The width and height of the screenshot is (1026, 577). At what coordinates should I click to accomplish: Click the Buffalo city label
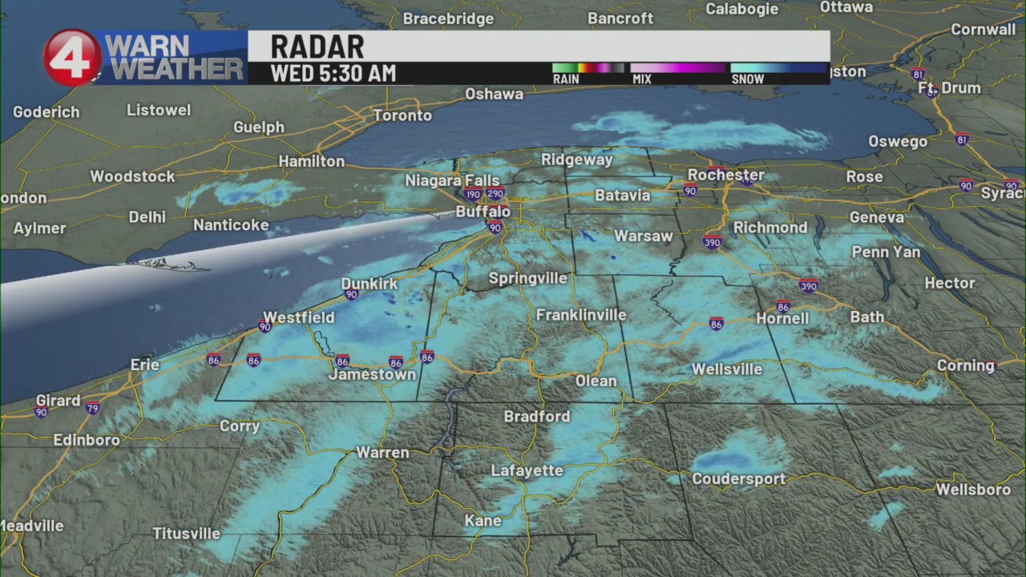483,212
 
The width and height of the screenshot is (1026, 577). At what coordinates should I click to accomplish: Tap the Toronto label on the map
402,115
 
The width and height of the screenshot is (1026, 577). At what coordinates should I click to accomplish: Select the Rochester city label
725,175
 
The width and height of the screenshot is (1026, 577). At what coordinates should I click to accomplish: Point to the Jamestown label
372,374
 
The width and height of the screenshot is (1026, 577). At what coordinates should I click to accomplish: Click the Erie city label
145,365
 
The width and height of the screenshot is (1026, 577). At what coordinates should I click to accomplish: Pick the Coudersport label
738,478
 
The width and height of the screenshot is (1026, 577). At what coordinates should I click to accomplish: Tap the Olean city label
596,381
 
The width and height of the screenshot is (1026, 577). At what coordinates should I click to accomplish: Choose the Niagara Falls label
452,180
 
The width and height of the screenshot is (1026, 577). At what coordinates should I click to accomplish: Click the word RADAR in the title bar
317,46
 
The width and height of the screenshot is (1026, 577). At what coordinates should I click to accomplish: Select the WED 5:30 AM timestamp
333,74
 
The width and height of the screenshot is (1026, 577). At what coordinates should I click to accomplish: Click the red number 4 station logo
72,58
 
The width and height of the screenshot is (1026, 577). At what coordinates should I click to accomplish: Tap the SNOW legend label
747,79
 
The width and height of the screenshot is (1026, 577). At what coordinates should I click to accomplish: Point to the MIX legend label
641,79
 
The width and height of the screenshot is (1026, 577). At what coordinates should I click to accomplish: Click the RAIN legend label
566,79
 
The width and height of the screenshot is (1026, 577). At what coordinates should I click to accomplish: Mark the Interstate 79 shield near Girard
93,408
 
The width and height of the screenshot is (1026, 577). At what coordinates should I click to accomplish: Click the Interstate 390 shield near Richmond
713,241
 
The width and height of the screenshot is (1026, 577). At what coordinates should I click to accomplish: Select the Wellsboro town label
973,489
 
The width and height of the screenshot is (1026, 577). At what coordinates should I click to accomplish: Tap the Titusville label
186,533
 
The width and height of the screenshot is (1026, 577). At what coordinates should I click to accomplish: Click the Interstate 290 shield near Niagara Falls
495,193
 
